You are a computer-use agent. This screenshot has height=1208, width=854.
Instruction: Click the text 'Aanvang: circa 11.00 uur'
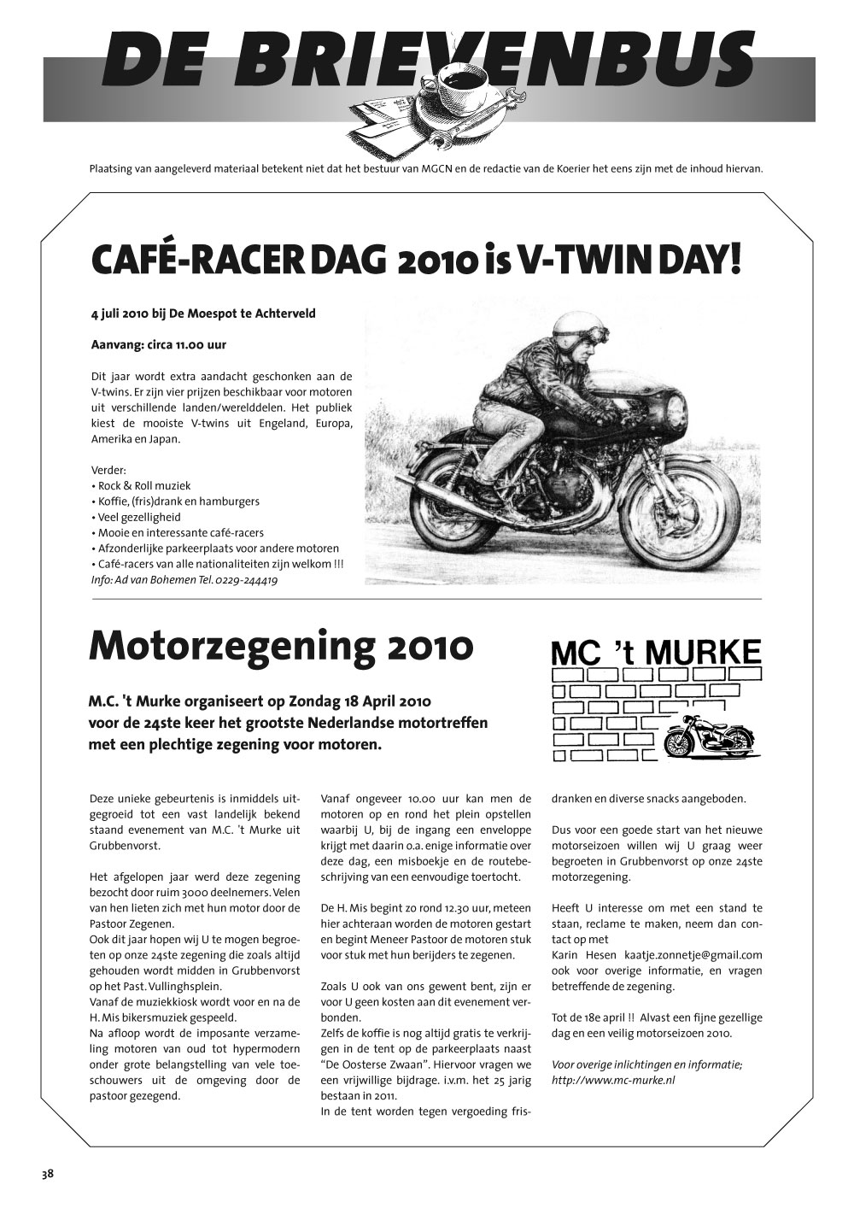158,346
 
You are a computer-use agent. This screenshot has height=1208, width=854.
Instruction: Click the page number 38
47,1174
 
